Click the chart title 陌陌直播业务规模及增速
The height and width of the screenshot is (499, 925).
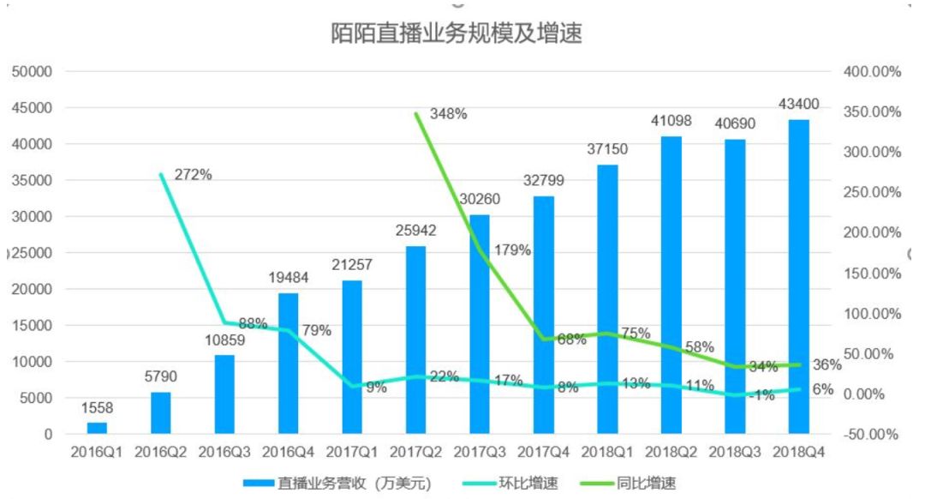click(x=456, y=33)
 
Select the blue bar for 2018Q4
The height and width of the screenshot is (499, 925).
click(x=799, y=276)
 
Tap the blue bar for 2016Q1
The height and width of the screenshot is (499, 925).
click(x=98, y=428)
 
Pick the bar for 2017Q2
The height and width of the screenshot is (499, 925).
click(x=416, y=340)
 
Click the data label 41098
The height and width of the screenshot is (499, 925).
click(x=671, y=121)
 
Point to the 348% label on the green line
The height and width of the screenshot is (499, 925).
click(x=448, y=113)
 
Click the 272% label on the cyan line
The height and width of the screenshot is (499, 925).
click(x=193, y=175)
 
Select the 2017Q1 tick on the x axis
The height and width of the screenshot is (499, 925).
click(x=352, y=453)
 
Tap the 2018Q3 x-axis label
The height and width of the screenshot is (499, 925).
click(x=735, y=453)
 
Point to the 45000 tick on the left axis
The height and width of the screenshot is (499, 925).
click(x=32, y=108)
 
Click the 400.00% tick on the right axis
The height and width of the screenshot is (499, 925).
click(x=873, y=71)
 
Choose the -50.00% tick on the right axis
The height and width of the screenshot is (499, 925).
click(x=871, y=435)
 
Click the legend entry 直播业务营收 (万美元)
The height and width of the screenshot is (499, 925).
click(x=337, y=484)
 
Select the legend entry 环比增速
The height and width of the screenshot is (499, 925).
click(x=510, y=484)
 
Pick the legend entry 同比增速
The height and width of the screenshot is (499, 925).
click(x=629, y=484)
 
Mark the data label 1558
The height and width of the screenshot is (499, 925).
click(x=98, y=408)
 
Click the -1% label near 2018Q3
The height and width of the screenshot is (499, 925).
click(x=761, y=395)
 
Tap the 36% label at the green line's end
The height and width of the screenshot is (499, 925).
click(x=827, y=365)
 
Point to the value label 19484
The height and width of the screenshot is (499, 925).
click(x=289, y=278)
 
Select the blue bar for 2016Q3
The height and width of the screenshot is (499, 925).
click(x=224, y=394)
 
